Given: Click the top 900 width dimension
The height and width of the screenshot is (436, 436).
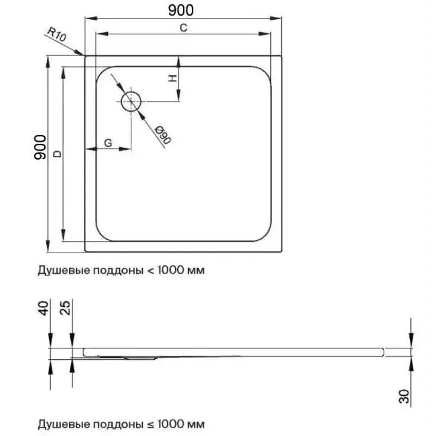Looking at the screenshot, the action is point(181,10).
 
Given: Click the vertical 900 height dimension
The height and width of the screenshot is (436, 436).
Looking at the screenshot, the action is point(40,147).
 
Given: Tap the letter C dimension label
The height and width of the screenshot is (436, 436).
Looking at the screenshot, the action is point(184,28).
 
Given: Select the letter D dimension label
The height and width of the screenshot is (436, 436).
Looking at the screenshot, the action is point(58,154).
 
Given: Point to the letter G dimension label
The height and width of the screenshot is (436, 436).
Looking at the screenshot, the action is point(108,143).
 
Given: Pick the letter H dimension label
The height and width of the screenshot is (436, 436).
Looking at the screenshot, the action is point(173,78).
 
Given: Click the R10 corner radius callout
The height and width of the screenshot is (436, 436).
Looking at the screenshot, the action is point(57,34).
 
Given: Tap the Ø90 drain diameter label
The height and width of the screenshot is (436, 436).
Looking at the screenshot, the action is point(163,135).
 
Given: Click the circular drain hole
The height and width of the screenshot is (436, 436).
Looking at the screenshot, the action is point(131,101).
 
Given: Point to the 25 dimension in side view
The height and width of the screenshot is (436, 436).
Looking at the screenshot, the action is point(65,308).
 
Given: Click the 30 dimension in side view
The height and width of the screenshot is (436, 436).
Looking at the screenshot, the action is point(404,396).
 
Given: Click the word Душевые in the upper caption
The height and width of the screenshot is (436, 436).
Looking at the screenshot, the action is point(63,270).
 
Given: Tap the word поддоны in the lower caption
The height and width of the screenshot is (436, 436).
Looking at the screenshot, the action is point(118,425).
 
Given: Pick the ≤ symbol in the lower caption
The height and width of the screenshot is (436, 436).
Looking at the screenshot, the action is point(150,425).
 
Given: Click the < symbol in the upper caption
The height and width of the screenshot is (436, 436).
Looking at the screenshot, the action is point(150,270).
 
